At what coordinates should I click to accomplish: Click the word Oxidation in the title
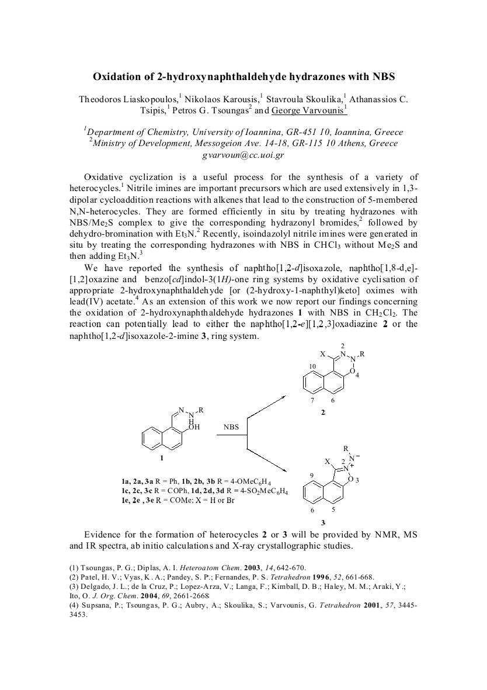[119, 76]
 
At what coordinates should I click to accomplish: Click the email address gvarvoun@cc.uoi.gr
[243, 155]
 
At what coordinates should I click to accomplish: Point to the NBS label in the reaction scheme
[231, 427]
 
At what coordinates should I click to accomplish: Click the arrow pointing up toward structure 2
[266, 407]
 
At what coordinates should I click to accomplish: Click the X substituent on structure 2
[322, 354]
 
